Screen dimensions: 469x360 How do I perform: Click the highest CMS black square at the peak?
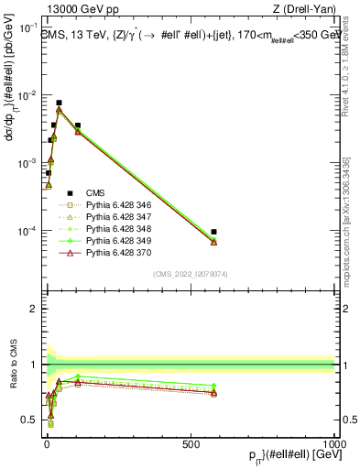click(x=59, y=104)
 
